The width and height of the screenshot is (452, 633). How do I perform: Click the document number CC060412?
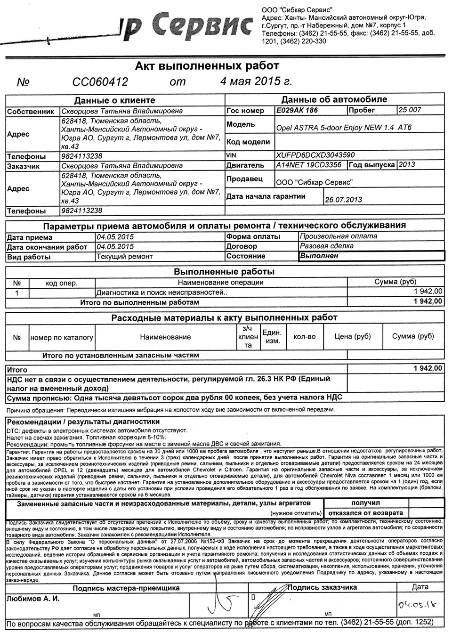(x=100, y=82)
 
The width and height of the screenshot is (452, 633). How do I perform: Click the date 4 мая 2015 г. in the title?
(x=256, y=81)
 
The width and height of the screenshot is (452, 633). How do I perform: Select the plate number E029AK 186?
(x=297, y=111)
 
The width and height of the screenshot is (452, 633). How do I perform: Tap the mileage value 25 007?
(x=410, y=110)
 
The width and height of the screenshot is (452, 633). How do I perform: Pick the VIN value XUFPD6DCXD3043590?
(x=315, y=155)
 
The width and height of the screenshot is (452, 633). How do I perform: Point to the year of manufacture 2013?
(x=407, y=165)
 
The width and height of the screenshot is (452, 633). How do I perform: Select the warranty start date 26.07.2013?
(x=343, y=199)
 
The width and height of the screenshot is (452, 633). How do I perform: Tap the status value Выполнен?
(x=319, y=256)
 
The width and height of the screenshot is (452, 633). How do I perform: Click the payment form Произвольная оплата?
(x=338, y=236)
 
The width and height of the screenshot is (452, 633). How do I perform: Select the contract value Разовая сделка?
(x=326, y=246)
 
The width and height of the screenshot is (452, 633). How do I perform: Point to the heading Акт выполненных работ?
(x=207, y=65)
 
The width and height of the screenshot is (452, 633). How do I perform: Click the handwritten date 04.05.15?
(x=416, y=604)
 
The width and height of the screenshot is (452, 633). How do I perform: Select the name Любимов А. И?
(x=33, y=599)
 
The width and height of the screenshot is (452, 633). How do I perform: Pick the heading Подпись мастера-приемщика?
(x=126, y=588)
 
